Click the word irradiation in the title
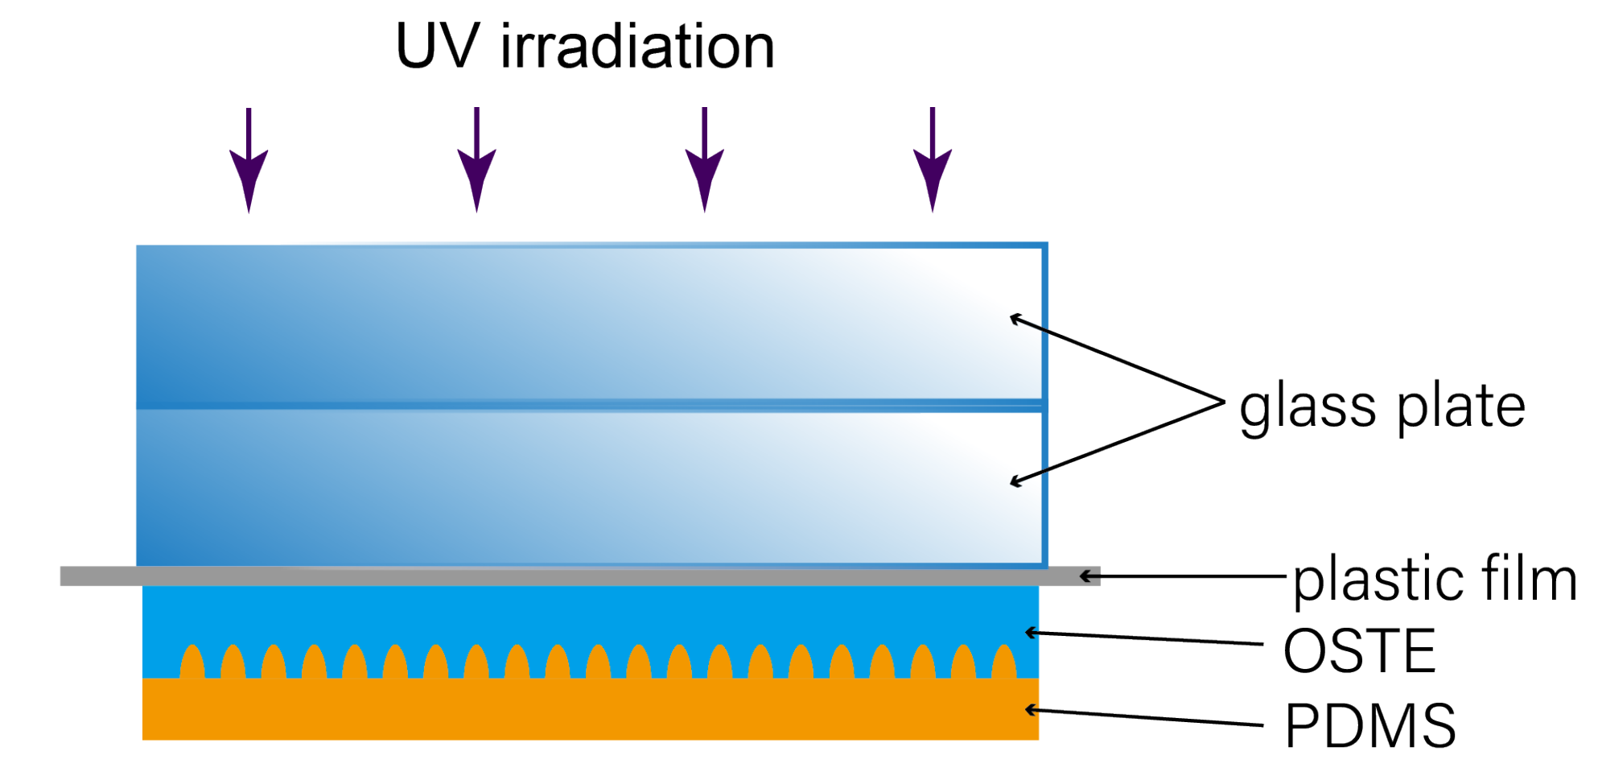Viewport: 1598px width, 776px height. pyautogui.click(x=637, y=47)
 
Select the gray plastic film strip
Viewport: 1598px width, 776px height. pyautogui.click(x=579, y=576)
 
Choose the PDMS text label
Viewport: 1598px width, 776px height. pyautogui.click(x=1370, y=725)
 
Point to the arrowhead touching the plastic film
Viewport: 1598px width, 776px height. pyautogui.click(x=1088, y=576)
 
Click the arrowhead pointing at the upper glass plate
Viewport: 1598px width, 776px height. pyautogui.click(x=1016, y=319)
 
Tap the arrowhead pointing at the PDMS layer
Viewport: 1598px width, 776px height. pyautogui.click(x=1031, y=710)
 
